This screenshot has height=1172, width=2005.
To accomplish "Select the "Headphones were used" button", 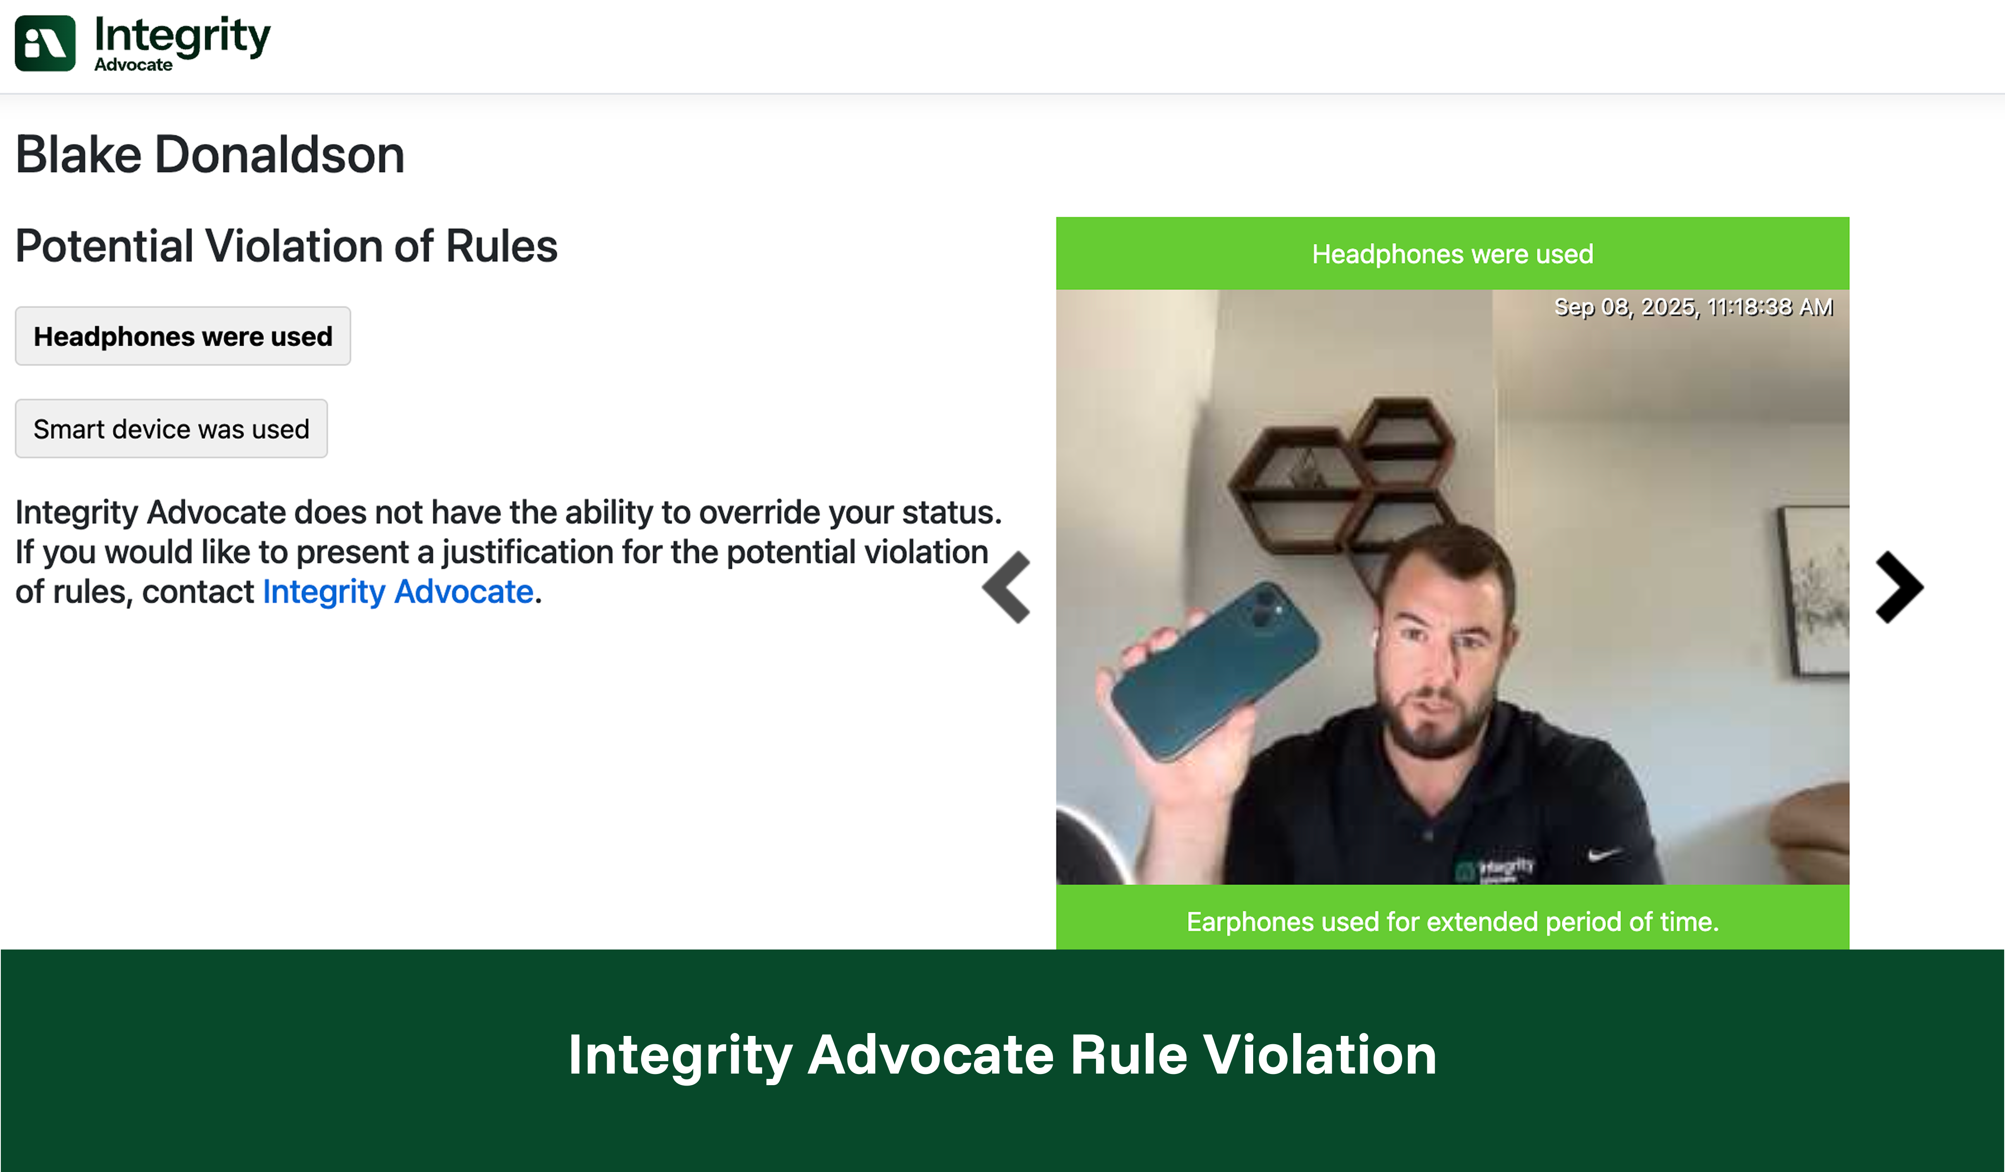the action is pyautogui.click(x=183, y=336).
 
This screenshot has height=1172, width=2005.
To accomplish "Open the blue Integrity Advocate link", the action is pyautogui.click(x=398, y=591).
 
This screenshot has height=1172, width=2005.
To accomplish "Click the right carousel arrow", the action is pyautogui.click(x=1900, y=587).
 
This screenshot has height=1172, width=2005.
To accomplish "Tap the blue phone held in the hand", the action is pyautogui.click(x=1213, y=670).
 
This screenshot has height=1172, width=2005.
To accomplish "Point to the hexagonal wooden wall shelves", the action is pyautogui.click(x=1345, y=477).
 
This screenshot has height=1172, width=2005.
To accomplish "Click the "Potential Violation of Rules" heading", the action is pyautogui.click(x=287, y=246).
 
